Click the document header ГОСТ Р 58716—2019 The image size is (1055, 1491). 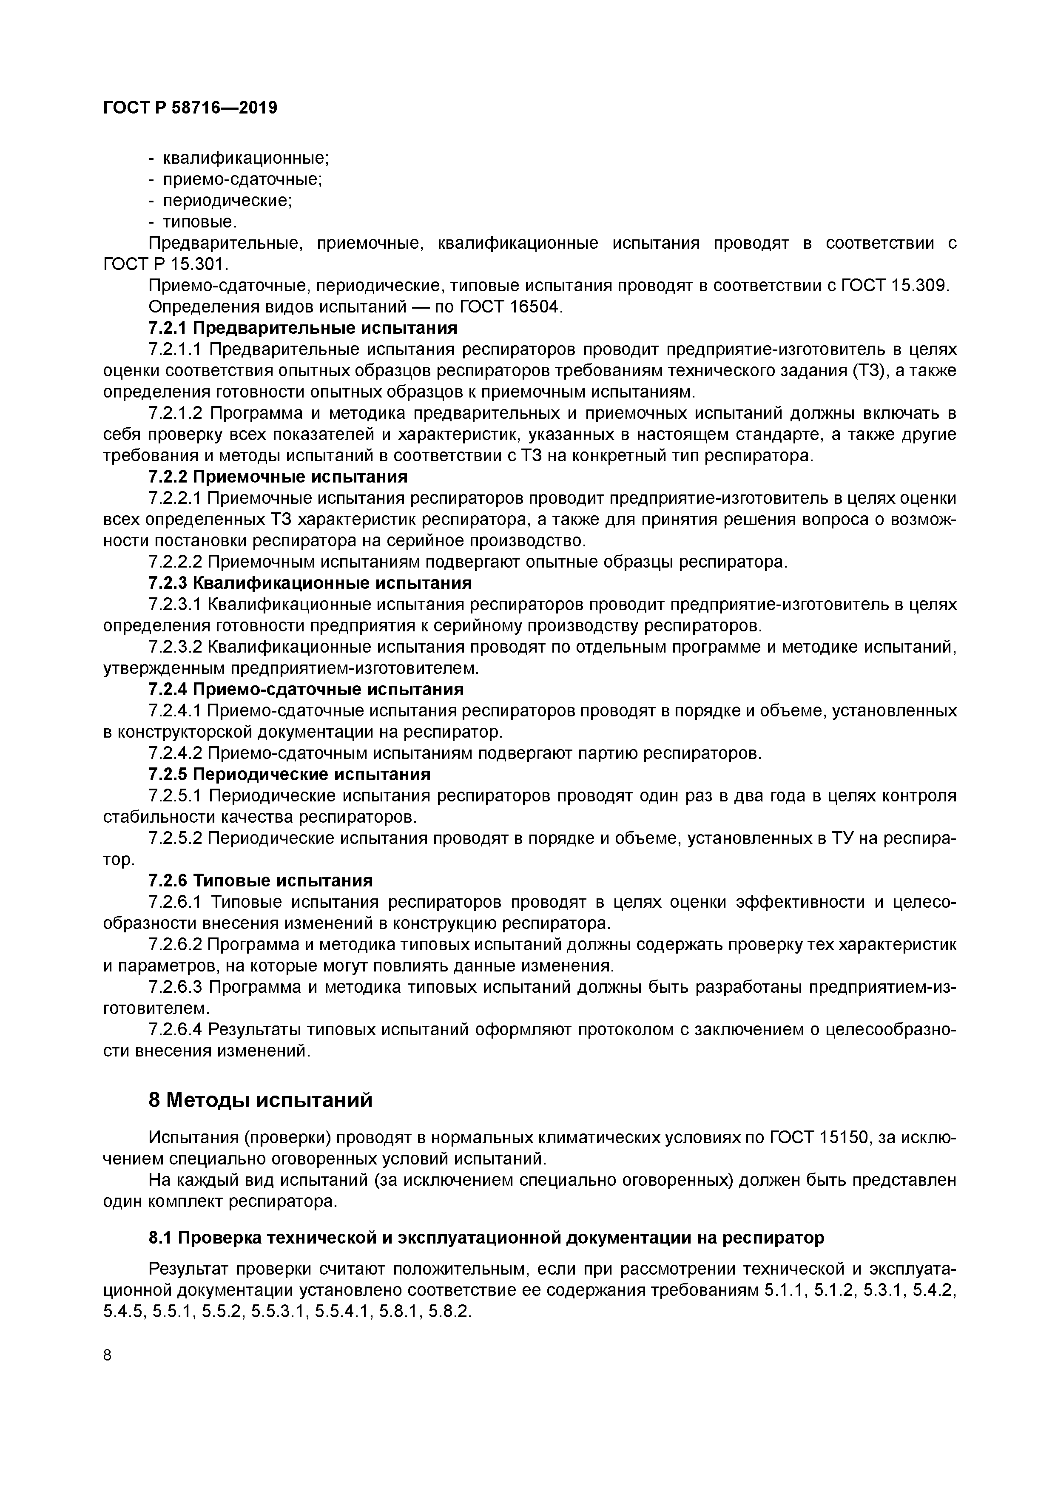(x=190, y=108)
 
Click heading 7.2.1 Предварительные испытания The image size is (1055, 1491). (x=303, y=327)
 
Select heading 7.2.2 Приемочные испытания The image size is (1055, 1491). (x=278, y=477)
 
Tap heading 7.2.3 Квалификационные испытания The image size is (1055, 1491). (x=310, y=582)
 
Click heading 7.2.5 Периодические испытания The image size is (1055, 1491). (x=289, y=774)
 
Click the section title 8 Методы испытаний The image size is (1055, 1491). (x=261, y=1100)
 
